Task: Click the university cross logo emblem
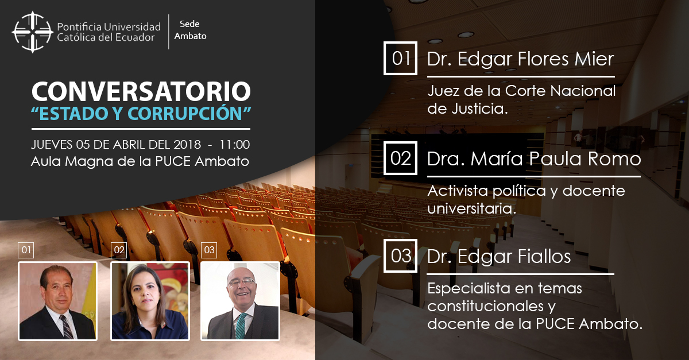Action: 32,32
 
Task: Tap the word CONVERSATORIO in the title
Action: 141,91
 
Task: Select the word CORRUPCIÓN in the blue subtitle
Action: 185,113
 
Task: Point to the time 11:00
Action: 234,144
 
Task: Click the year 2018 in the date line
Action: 187,144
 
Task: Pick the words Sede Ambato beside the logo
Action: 190,30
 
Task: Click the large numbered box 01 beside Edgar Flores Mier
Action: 401,58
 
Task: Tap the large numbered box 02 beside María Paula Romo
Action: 401,158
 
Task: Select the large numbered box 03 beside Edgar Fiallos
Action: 401,256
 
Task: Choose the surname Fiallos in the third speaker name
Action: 544,256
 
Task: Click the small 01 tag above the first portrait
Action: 26,250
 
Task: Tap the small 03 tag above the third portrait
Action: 209,250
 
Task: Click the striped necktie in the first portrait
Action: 67,327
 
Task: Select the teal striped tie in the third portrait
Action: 241,326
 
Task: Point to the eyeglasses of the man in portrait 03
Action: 242,281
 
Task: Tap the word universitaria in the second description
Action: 472,208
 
